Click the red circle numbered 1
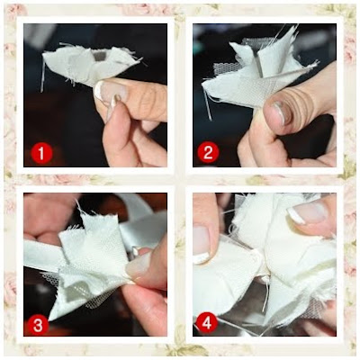pos(41,154)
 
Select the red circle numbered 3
pos(38,325)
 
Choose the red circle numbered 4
pos(206,323)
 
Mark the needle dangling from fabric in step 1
pos(42,76)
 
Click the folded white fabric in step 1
pos(90,65)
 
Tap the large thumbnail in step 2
pos(279,112)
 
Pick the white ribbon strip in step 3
pos(42,255)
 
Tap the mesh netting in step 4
pos(315,308)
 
